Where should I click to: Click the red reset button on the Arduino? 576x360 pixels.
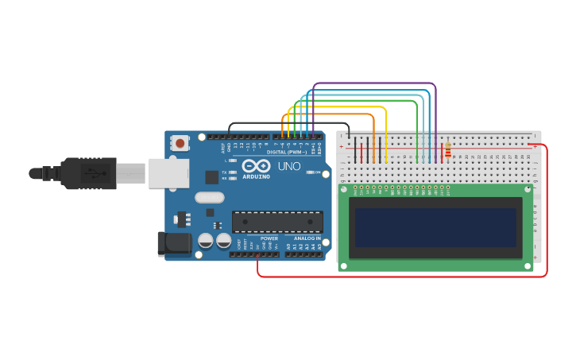(180, 144)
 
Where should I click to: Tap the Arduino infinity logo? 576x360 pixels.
(257, 165)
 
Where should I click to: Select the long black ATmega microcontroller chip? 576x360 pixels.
(277, 223)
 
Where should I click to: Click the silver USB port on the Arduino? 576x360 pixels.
(168, 172)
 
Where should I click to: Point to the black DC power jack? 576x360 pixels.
(174, 244)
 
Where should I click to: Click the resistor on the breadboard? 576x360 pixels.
(447, 149)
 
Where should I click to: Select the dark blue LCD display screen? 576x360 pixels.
(435, 226)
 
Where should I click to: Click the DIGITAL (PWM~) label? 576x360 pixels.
(287, 152)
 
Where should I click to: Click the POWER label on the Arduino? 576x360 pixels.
(269, 238)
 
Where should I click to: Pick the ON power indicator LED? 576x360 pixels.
(309, 172)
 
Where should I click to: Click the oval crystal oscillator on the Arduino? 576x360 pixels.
(209, 197)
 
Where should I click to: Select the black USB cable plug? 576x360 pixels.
(88, 173)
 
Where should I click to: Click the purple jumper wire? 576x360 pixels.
(373, 83)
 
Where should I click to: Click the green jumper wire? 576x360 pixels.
(358, 101)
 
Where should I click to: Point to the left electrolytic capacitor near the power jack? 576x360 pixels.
(205, 239)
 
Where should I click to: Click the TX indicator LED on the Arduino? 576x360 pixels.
(233, 172)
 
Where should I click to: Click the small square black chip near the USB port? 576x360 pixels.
(212, 177)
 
